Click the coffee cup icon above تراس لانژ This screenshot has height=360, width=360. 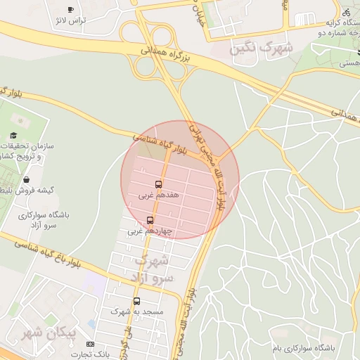point(70,9)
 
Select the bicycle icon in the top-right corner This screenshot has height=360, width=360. point(345,12)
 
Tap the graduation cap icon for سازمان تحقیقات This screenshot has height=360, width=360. point(13,136)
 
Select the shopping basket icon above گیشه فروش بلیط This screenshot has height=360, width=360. point(26,180)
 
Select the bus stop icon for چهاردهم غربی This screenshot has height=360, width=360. point(150,220)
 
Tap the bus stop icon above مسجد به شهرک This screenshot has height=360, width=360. point(136,301)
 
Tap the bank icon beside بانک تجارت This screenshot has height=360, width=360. point(90,344)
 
